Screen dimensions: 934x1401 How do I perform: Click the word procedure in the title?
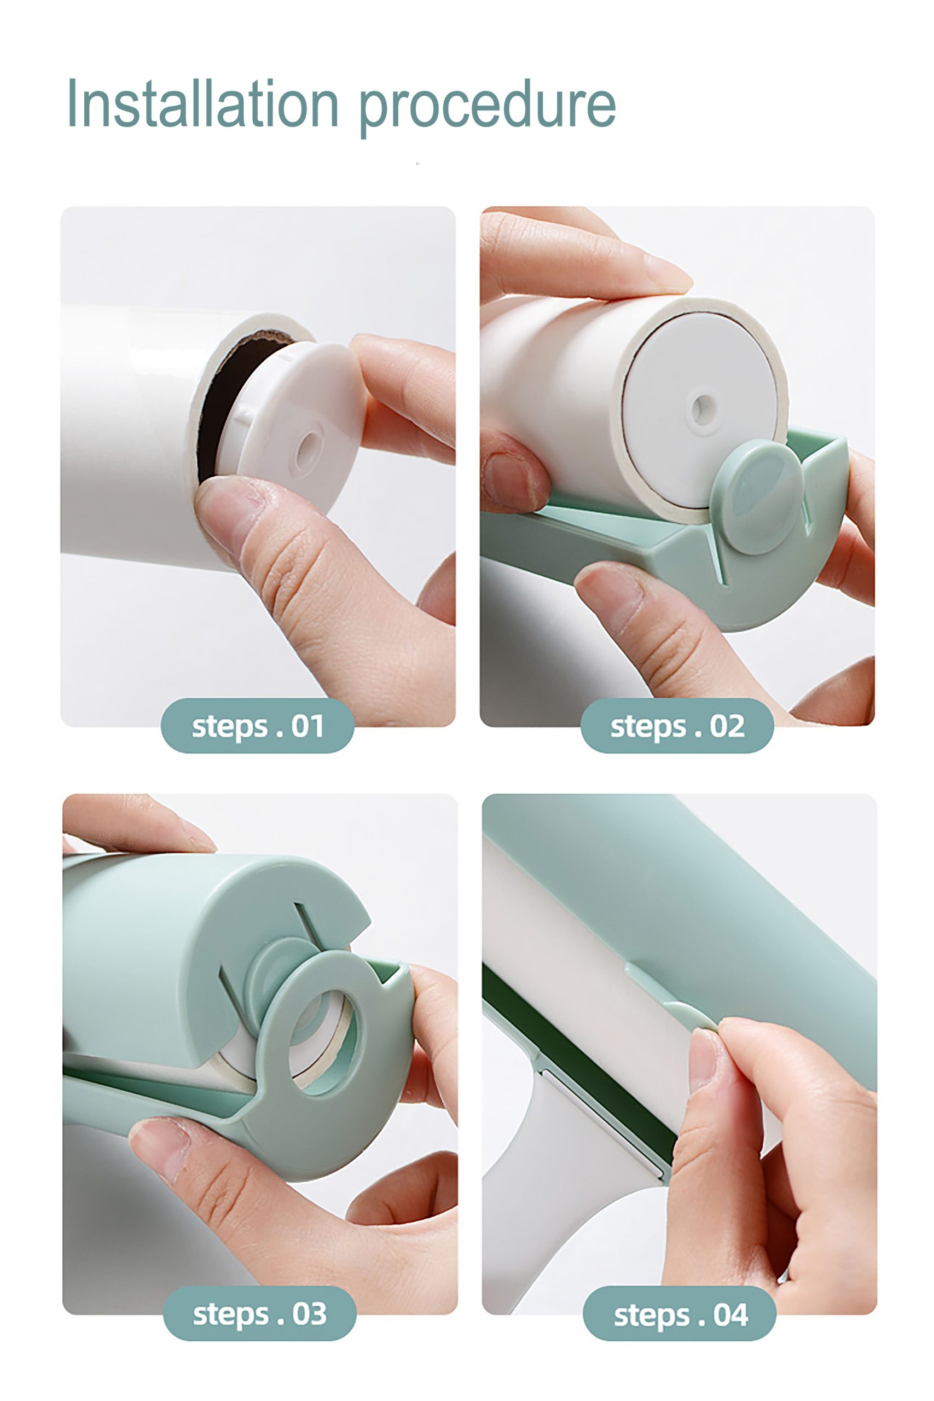pyautogui.click(x=488, y=107)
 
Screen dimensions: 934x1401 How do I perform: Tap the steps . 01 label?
pyautogui.click(x=257, y=726)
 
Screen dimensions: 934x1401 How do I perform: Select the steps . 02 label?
pyautogui.click(x=677, y=726)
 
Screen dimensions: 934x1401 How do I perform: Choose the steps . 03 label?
pyautogui.click(x=260, y=1313)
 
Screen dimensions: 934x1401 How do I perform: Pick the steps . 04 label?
pyautogui.click(x=680, y=1313)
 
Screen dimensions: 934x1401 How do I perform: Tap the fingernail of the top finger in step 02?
pyautogui.click(x=668, y=274)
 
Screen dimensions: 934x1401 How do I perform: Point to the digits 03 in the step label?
pyautogui.click(x=309, y=1313)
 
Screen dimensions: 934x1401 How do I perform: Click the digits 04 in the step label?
pyautogui.click(x=730, y=1314)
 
